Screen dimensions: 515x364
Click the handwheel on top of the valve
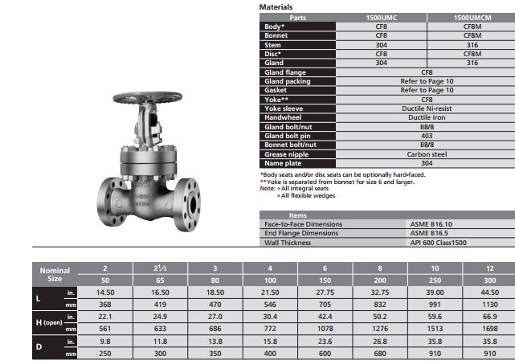point(148,97)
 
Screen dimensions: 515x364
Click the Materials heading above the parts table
point(276,7)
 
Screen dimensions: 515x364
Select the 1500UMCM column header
point(472,18)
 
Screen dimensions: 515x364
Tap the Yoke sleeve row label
point(284,108)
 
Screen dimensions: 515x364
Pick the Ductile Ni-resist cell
point(427,108)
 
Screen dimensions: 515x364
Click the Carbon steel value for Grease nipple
point(427,154)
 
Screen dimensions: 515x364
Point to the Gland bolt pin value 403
point(427,136)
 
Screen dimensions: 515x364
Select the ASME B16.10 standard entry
point(431,224)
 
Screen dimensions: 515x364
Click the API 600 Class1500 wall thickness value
point(438,243)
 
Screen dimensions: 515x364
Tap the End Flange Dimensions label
point(301,233)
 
